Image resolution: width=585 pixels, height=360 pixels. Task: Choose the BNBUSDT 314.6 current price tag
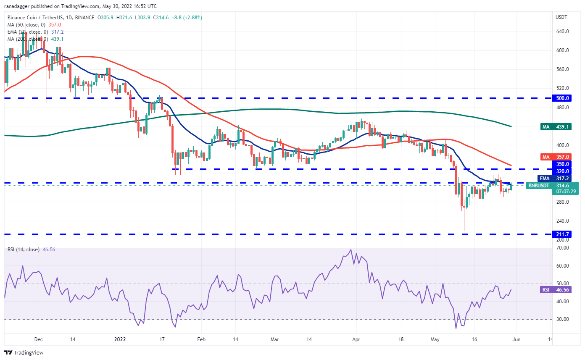click(x=552, y=188)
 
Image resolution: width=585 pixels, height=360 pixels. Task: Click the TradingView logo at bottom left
click(x=24, y=353)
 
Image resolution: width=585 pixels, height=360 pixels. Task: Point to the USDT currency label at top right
click(x=562, y=17)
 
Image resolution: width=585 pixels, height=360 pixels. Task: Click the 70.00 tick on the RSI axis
click(x=563, y=248)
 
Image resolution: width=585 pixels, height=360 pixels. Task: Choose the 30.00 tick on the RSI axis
click(x=563, y=319)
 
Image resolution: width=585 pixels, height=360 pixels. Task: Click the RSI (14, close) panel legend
click(x=23, y=250)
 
